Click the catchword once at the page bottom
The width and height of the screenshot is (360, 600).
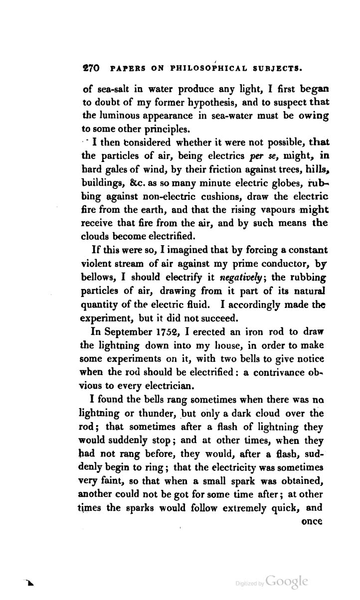(x=313, y=522)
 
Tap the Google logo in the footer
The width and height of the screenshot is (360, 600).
(x=287, y=582)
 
